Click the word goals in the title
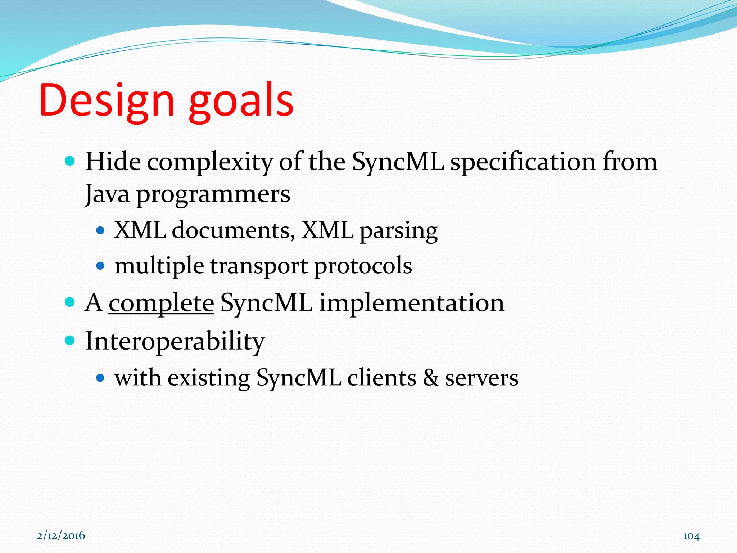[x=241, y=103]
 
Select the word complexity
[x=210, y=163]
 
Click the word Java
[x=107, y=194]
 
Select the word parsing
[x=399, y=231]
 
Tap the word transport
[x=259, y=266]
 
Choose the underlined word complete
[x=161, y=303]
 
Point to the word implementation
[x=412, y=303]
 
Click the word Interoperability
[x=175, y=341]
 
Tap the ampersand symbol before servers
[x=431, y=378]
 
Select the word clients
[x=381, y=378]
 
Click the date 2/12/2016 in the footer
[x=61, y=535]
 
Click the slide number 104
[x=691, y=536]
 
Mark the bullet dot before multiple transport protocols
[x=100, y=266]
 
